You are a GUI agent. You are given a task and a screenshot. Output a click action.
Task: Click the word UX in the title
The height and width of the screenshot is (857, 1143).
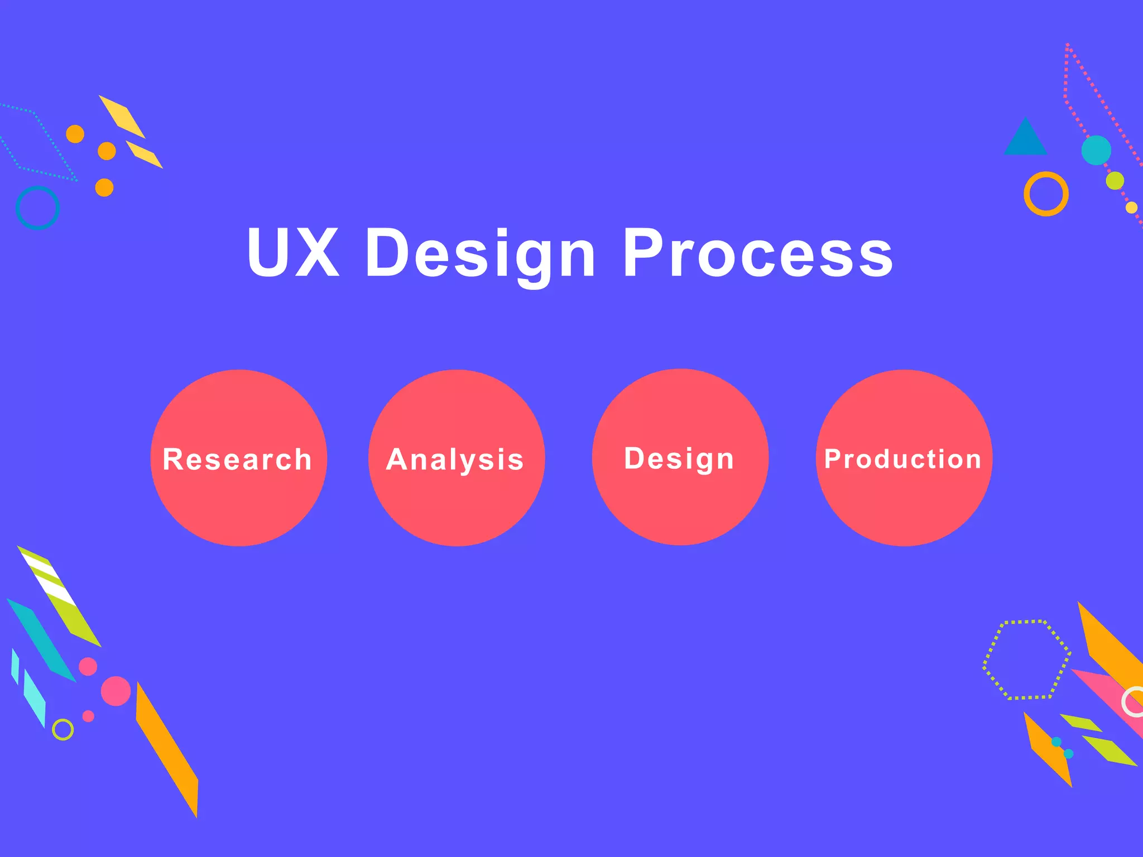click(293, 252)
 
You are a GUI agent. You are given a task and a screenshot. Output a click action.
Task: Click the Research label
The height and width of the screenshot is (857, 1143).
click(237, 460)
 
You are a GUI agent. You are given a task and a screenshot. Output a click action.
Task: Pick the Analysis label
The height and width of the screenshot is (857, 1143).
click(455, 460)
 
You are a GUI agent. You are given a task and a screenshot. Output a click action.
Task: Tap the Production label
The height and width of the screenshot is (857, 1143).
click(902, 459)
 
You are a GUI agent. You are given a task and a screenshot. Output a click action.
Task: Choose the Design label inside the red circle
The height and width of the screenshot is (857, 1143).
click(679, 459)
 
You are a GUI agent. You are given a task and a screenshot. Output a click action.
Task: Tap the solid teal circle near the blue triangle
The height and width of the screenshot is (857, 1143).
click(1096, 150)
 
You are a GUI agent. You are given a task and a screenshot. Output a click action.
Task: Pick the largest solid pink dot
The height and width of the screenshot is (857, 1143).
click(116, 691)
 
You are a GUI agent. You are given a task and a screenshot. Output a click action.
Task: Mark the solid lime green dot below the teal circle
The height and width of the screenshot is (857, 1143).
click(1115, 180)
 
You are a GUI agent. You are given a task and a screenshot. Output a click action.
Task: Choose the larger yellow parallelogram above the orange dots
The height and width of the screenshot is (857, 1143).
click(122, 117)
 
